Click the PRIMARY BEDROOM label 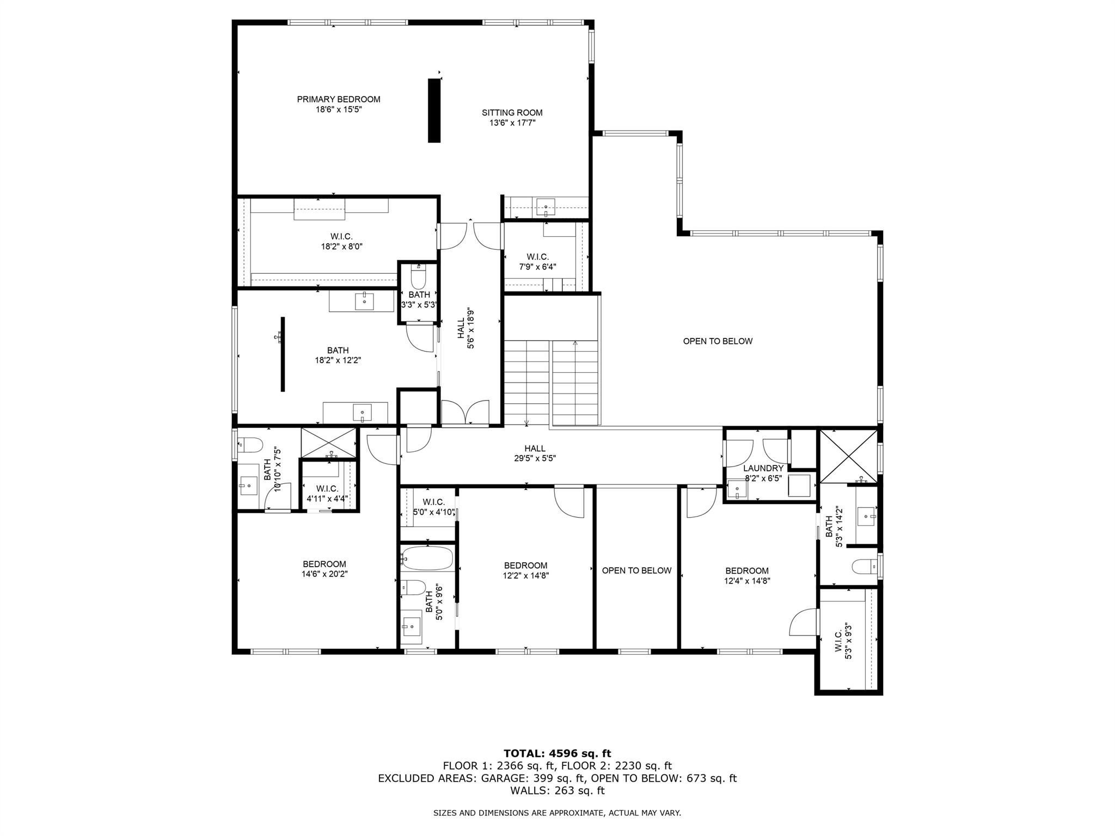(338, 99)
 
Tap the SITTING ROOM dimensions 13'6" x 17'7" (512, 123)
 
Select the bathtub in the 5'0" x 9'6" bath (427, 558)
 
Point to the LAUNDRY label (763, 468)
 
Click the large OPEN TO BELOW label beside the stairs (718, 341)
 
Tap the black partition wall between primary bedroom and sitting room (434, 110)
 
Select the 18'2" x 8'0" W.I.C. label (341, 241)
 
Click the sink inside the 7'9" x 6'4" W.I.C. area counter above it (546, 207)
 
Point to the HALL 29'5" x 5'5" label (535, 453)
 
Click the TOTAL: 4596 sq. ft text (557, 753)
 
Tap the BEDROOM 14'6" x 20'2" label (324, 569)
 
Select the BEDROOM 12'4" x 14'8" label (746, 575)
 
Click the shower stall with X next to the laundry (848, 456)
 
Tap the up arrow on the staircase (575, 343)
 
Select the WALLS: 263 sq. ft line (557, 791)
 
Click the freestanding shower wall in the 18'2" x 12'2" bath (283, 354)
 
